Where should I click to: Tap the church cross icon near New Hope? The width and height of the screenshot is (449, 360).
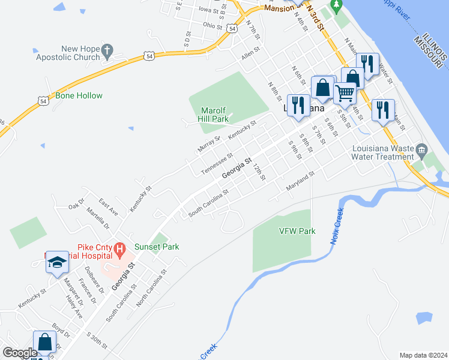pos(108,52)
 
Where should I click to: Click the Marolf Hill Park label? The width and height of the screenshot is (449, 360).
pos(213,115)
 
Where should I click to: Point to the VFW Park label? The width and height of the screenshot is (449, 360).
pos(297,231)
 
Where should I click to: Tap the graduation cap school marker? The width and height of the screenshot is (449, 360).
pos(57,262)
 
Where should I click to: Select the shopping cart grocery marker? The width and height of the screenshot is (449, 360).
pos(345,92)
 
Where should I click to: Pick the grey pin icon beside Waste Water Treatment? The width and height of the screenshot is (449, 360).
pos(421,149)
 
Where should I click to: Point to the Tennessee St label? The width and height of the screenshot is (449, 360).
pos(216,163)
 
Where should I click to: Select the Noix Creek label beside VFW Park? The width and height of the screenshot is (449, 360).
pos(337,224)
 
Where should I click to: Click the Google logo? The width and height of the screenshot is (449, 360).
pos(19,353)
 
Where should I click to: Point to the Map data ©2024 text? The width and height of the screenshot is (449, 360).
pos(423,355)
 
